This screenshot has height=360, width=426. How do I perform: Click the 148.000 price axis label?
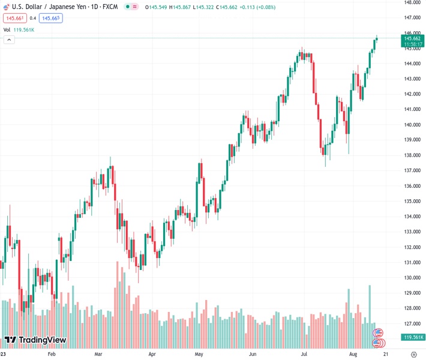coord(412,2)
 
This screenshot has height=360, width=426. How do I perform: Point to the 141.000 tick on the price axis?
coord(412,109)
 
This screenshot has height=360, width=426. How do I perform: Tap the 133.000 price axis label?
coord(412,232)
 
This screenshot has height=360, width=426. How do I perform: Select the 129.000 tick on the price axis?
coord(412,293)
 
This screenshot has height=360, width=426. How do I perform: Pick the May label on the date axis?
coord(199,355)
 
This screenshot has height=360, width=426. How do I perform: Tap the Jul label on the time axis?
coord(304,355)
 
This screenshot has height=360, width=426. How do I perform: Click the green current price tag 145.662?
coord(411,38)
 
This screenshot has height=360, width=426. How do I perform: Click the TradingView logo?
coord(35,340)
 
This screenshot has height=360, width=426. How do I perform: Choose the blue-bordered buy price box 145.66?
coord(50,18)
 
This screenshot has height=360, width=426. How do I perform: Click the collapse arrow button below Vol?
coord(9,40)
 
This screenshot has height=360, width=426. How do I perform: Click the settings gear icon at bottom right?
coord(413,355)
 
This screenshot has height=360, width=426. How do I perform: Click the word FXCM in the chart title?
coord(110,6)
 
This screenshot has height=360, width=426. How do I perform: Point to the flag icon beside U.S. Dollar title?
coord(6,6)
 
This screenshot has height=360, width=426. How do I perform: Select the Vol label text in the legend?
coord(7,29)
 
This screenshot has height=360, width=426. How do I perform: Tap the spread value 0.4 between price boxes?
coord(32,18)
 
